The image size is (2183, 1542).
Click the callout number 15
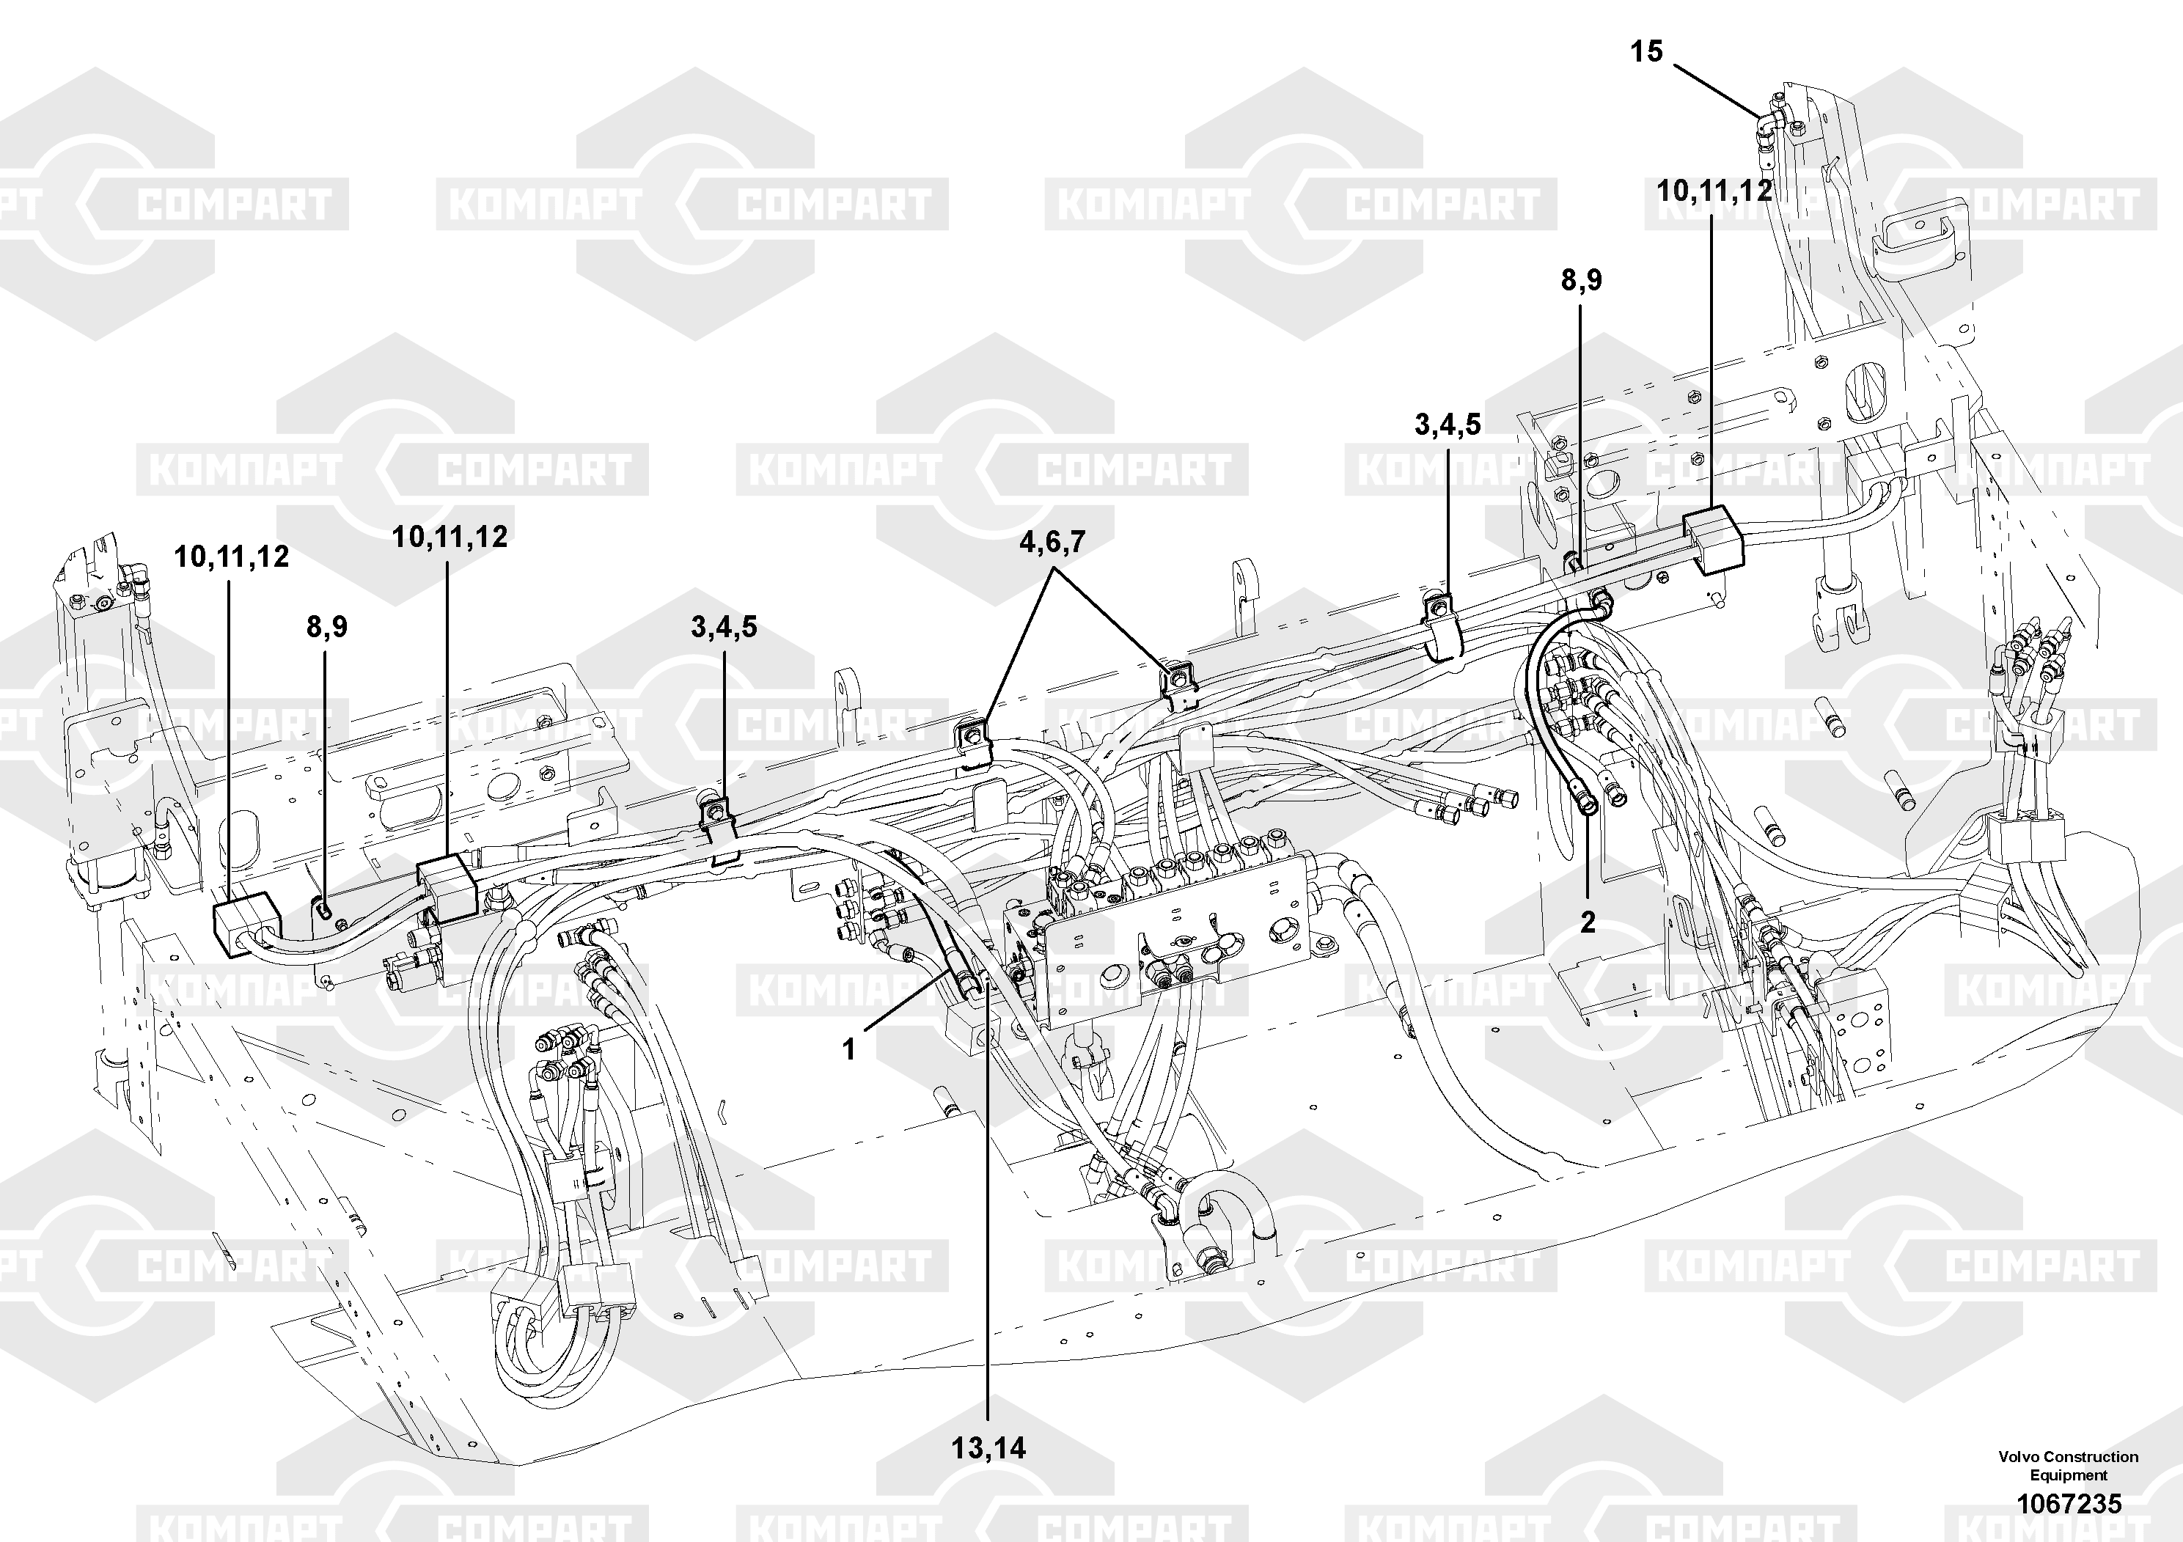tap(1647, 51)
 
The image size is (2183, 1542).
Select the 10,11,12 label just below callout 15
tap(1714, 191)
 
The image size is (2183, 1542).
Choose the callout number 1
tap(849, 1049)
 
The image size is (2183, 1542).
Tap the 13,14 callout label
tap(988, 1448)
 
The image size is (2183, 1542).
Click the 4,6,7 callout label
tap(1052, 543)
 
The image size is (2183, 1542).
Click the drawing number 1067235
tap(2069, 1503)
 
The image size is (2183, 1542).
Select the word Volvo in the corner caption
tap(2019, 1456)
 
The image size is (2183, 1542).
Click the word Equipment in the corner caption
tap(2069, 1475)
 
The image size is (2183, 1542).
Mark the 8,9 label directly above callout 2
tap(1581, 279)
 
